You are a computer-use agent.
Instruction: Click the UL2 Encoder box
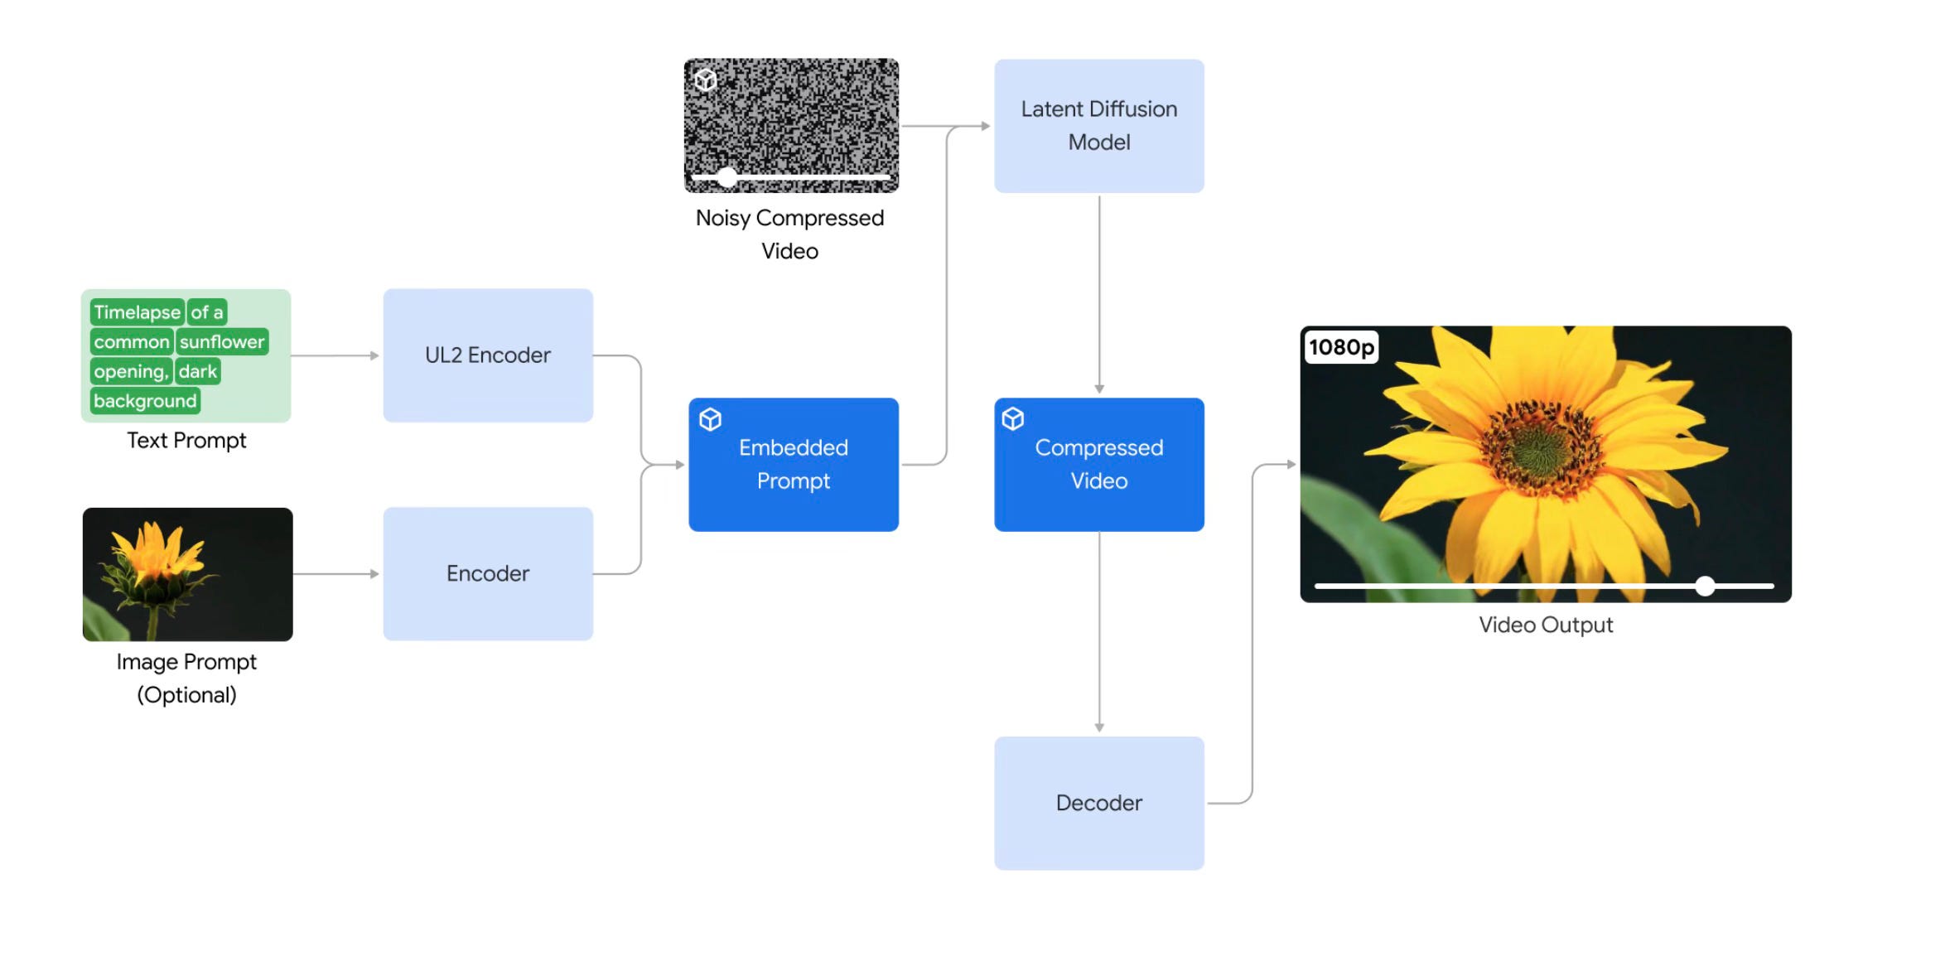[x=488, y=355]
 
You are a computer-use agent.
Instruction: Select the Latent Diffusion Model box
[x=1098, y=126]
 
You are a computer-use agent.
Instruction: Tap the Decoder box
[x=1098, y=803]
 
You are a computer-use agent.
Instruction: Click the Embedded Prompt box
[x=793, y=465]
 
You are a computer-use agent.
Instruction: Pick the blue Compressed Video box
[x=1098, y=465]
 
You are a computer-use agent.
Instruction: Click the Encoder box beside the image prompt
[x=488, y=573]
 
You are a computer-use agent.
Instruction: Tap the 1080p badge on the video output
[x=1341, y=347]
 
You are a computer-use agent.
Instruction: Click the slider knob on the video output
[x=1705, y=586]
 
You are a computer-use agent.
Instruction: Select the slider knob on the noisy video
[x=726, y=176]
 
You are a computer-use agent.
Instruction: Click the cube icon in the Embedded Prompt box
[x=710, y=419]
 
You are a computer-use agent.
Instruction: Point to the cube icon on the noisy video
[x=705, y=80]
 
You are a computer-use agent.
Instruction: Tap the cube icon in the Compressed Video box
[x=1012, y=418]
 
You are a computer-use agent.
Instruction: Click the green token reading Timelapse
[x=137, y=312]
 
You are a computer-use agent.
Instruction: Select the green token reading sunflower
[x=222, y=342]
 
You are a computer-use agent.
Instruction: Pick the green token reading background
[x=145, y=401]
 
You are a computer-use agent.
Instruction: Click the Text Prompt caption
[x=186, y=441]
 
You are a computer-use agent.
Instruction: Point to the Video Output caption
[x=1546, y=625]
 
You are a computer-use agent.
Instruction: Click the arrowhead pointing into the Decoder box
[x=1099, y=727]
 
